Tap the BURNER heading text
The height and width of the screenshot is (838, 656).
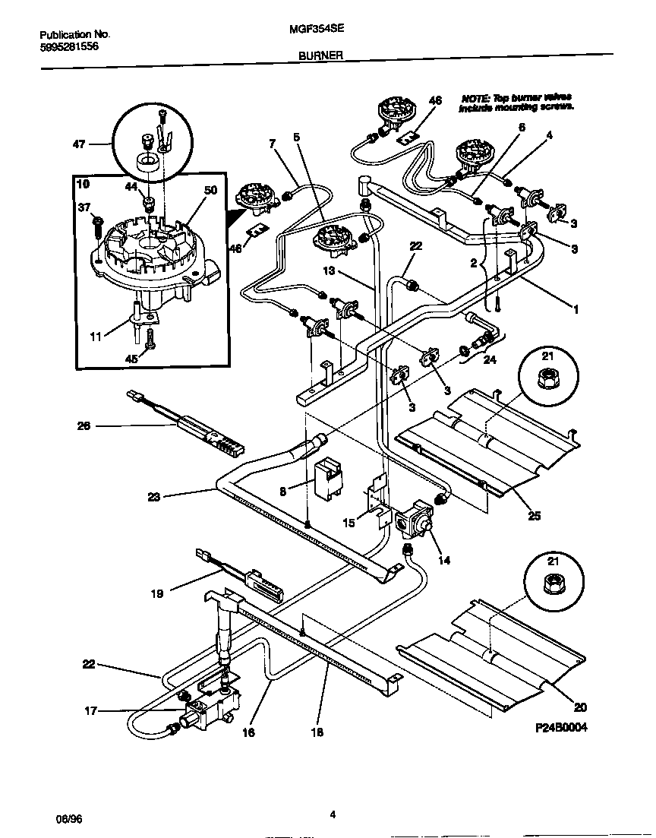click(321, 55)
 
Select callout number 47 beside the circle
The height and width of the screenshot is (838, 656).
click(78, 144)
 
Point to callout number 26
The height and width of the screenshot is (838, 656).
click(84, 426)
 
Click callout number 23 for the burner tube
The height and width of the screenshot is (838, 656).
click(154, 498)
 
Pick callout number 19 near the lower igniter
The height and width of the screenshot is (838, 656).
click(156, 594)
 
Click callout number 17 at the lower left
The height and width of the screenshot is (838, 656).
click(90, 712)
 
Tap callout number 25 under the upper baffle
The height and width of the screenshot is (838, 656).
click(535, 517)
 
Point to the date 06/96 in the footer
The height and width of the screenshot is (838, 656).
click(68, 820)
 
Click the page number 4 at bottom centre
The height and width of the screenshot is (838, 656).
click(333, 815)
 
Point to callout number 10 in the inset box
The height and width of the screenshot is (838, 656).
click(84, 184)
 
